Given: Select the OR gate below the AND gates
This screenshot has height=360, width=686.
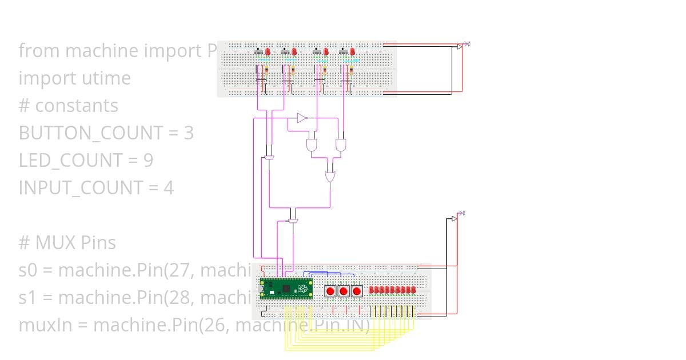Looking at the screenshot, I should [330, 177].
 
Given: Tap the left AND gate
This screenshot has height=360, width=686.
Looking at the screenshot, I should [312, 145].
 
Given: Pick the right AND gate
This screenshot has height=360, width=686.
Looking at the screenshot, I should [341, 145].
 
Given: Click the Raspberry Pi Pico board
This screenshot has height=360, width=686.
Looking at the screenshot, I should [286, 289].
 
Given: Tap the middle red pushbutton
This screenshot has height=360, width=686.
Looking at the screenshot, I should [343, 291].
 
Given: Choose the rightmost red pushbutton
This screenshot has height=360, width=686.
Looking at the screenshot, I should [357, 291].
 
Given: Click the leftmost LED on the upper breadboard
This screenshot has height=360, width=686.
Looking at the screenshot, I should [268, 52].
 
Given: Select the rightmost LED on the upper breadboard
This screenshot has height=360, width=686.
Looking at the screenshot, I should [353, 52].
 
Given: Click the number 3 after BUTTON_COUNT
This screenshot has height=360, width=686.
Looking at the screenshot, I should [189, 133].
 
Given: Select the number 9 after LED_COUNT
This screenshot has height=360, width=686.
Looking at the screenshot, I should [147, 160].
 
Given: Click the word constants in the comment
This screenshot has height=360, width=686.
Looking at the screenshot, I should [77, 106].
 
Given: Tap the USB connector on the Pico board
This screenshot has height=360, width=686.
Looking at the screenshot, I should [262, 289].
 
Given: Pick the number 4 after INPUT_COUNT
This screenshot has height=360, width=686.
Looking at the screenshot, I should [169, 187].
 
